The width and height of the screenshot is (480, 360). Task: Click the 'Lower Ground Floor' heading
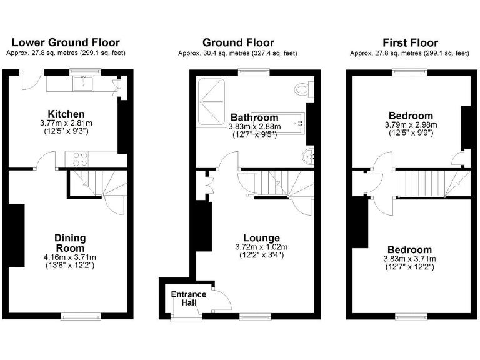[x=66, y=42]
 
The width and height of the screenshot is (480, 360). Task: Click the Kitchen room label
[x=66, y=114]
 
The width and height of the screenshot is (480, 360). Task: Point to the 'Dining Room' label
[x=70, y=243]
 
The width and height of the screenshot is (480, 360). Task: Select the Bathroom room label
[x=254, y=117]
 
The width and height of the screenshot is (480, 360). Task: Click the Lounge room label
[x=261, y=237]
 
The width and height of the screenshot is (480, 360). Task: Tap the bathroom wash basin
[x=307, y=156]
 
